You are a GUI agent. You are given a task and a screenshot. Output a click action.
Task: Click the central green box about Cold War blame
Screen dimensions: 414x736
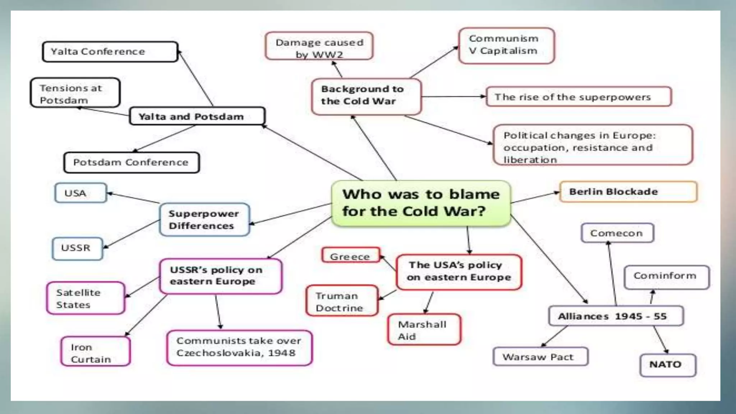[420, 203]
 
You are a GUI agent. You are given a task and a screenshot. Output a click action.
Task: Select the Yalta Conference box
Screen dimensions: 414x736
[110, 52]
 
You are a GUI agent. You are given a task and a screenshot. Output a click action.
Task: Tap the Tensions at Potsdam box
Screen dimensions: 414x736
[75, 93]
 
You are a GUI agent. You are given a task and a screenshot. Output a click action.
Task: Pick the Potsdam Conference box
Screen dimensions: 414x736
[131, 162]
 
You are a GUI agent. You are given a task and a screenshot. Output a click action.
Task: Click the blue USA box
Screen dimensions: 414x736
[80, 193]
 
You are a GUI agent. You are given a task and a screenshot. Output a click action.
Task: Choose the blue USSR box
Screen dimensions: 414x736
[77, 248]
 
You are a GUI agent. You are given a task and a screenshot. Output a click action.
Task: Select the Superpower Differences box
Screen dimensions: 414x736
[204, 220]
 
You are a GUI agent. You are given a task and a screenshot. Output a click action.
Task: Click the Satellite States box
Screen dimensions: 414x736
[86, 298]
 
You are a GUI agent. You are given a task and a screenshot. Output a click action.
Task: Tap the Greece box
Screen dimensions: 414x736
[350, 256]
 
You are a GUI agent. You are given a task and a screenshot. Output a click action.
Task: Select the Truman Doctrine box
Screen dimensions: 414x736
[342, 301]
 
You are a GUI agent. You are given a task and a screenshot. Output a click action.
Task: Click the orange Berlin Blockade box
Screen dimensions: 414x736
[628, 192]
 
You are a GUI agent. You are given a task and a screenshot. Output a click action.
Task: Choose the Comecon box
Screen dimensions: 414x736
[617, 233]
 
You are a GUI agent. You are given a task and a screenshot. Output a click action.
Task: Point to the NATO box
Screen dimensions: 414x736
[667, 365]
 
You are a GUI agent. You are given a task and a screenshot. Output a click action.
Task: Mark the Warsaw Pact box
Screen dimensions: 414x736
[540, 356]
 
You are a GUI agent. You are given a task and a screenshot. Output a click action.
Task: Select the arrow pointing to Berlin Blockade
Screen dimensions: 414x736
[535, 197]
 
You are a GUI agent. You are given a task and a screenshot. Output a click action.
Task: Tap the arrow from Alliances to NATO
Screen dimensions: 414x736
[661, 339]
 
